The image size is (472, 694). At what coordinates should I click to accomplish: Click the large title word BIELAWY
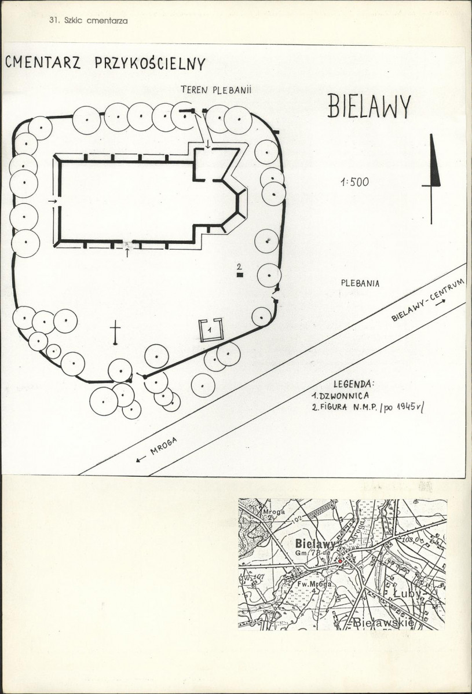[369, 106]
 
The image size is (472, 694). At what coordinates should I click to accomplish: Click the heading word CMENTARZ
[43, 63]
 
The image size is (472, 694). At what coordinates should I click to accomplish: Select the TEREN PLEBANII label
[217, 90]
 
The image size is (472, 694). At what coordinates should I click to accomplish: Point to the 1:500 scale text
[354, 182]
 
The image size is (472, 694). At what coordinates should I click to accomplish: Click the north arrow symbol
[431, 179]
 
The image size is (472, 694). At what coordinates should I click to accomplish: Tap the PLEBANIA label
[360, 283]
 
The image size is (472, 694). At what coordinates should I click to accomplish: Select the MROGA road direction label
[158, 450]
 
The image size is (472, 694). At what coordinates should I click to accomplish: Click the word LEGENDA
[354, 383]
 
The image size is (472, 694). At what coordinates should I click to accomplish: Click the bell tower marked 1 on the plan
[210, 330]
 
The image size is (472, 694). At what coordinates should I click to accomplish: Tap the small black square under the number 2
[240, 275]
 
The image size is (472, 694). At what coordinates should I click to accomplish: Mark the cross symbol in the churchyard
[115, 333]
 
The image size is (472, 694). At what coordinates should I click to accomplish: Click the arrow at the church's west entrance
[53, 202]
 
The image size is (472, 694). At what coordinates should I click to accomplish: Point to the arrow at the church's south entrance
[127, 253]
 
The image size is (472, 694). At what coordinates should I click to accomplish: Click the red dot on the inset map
[340, 561]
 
